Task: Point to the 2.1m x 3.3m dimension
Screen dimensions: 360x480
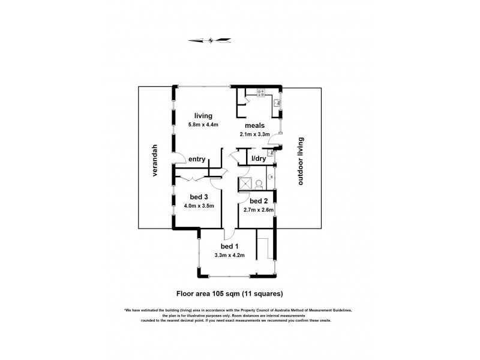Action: pyautogui.click(x=254, y=134)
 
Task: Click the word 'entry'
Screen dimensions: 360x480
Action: pyautogui.click(x=197, y=160)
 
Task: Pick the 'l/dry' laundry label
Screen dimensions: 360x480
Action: pyautogui.click(x=259, y=159)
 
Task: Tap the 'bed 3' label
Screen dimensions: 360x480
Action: pyautogui.click(x=199, y=197)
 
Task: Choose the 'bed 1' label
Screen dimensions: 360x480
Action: pyautogui.click(x=230, y=247)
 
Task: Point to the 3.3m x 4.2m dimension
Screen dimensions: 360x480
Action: pyautogui.click(x=230, y=256)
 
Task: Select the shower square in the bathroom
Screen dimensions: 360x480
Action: pyautogui.click(x=245, y=184)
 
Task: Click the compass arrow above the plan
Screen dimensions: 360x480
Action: pyautogui.click(x=212, y=41)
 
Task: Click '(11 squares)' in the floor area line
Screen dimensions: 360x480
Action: pyautogui.click(x=262, y=294)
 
